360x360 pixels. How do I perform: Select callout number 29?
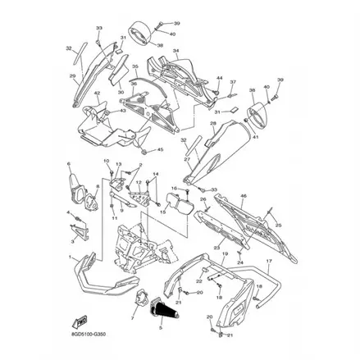click(73, 77)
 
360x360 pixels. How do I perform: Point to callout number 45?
click(160, 149)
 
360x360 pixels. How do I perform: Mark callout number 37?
click(233, 83)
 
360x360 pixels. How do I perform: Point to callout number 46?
click(243, 197)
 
